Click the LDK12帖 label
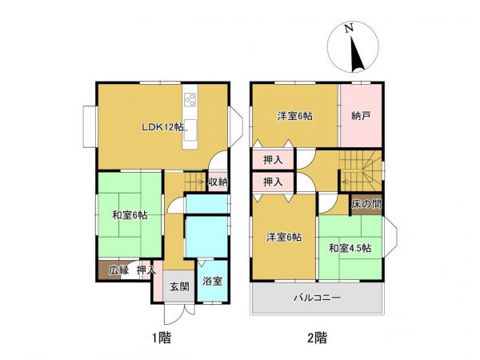pos(162,127)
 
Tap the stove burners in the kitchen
pos(190,99)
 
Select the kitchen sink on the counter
pos(190,129)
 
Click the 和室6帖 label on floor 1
pos(130,215)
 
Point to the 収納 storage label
pos(218,182)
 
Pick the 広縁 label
pos(118,270)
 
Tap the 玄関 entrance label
pos(179,286)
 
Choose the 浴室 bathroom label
pos(212,281)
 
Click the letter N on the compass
pos(349,28)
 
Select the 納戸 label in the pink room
pos(362,116)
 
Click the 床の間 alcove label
pos(366,203)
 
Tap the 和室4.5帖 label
pos(350,248)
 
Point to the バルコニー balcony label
pos(317,298)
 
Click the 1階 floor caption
pos(162,338)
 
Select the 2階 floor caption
pos(317,338)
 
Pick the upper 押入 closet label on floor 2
pos(273,159)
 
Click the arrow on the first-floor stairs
pos(194,182)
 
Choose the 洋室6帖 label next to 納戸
pos(295,116)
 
